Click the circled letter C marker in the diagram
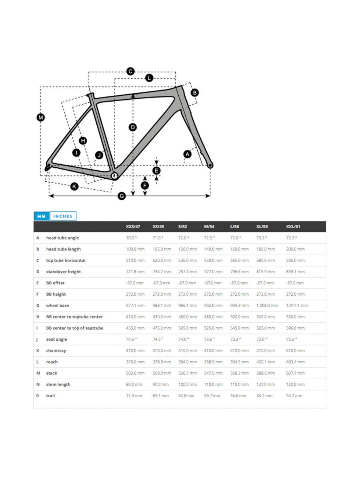pyautogui.click(x=130, y=72)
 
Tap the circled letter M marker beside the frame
pyautogui.click(x=41, y=118)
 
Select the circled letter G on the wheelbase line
pyautogui.click(x=122, y=196)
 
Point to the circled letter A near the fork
pyautogui.click(x=187, y=154)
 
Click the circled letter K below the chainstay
pyautogui.click(x=74, y=186)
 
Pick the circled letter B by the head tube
pyautogui.click(x=194, y=93)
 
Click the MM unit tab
pyautogui.click(x=41, y=216)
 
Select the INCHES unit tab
pyautogui.click(x=63, y=216)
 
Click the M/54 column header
pyautogui.click(x=209, y=226)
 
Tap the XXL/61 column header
pyautogui.click(x=293, y=226)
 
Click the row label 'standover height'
pyautogui.click(x=63, y=272)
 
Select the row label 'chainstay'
pyautogui.click(x=56, y=350)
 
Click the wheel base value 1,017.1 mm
pyautogui.click(x=297, y=305)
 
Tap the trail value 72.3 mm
pyautogui.click(x=134, y=396)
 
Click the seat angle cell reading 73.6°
pyautogui.click(x=209, y=339)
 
